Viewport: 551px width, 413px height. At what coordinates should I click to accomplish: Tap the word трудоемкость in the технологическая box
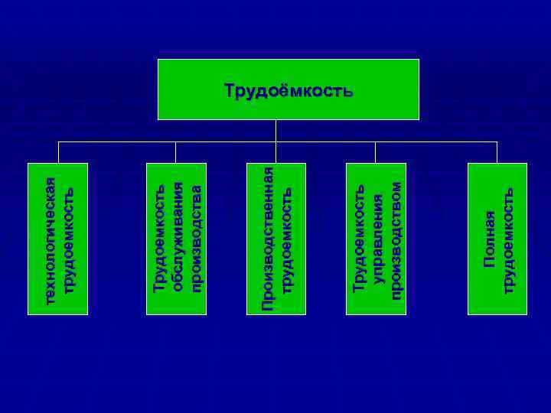click(68, 239)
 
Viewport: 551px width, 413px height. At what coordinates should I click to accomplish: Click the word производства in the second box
click(196, 239)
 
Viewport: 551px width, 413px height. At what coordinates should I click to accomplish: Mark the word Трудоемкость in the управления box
click(358, 239)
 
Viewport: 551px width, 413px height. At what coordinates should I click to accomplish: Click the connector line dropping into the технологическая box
click(58, 152)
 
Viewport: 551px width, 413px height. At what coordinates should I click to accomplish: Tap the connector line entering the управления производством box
click(377, 152)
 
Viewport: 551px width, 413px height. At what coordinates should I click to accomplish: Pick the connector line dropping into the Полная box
click(497, 152)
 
